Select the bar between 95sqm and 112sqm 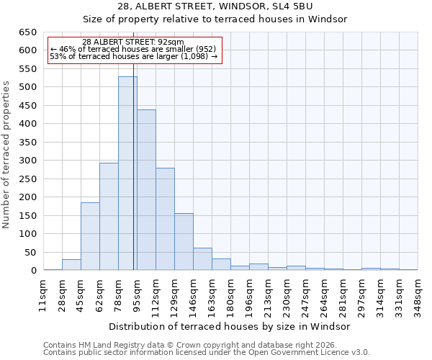click(146, 190)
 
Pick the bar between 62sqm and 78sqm click(109, 217)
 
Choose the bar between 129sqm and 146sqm click(184, 242)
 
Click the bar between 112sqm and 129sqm click(165, 219)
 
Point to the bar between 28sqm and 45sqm click(71, 265)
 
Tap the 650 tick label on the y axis click(27, 32)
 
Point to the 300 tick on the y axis click(27, 161)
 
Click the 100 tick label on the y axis click(27, 234)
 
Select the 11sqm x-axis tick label click(42, 294)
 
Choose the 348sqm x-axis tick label click(418, 294)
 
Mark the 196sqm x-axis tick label click(249, 294)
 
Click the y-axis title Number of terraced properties click(7, 155)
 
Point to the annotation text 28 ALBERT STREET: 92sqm click(133, 42)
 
